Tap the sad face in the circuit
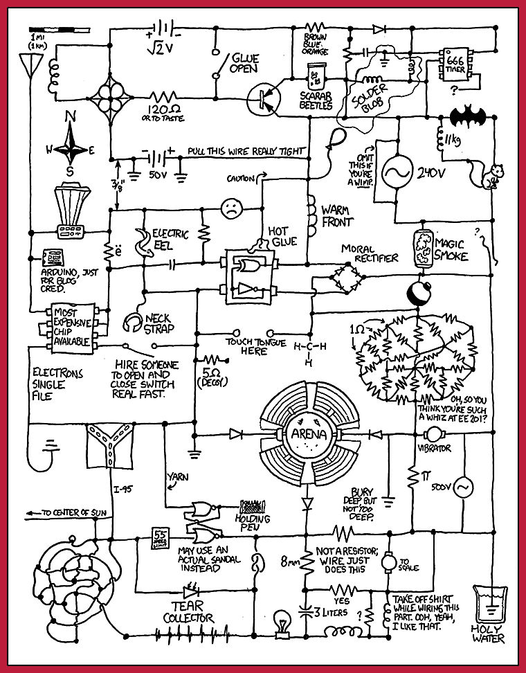point(231,209)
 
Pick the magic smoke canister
point(421,248)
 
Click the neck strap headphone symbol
point(131,323)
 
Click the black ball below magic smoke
point(419,291)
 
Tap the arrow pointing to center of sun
point(33,513)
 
